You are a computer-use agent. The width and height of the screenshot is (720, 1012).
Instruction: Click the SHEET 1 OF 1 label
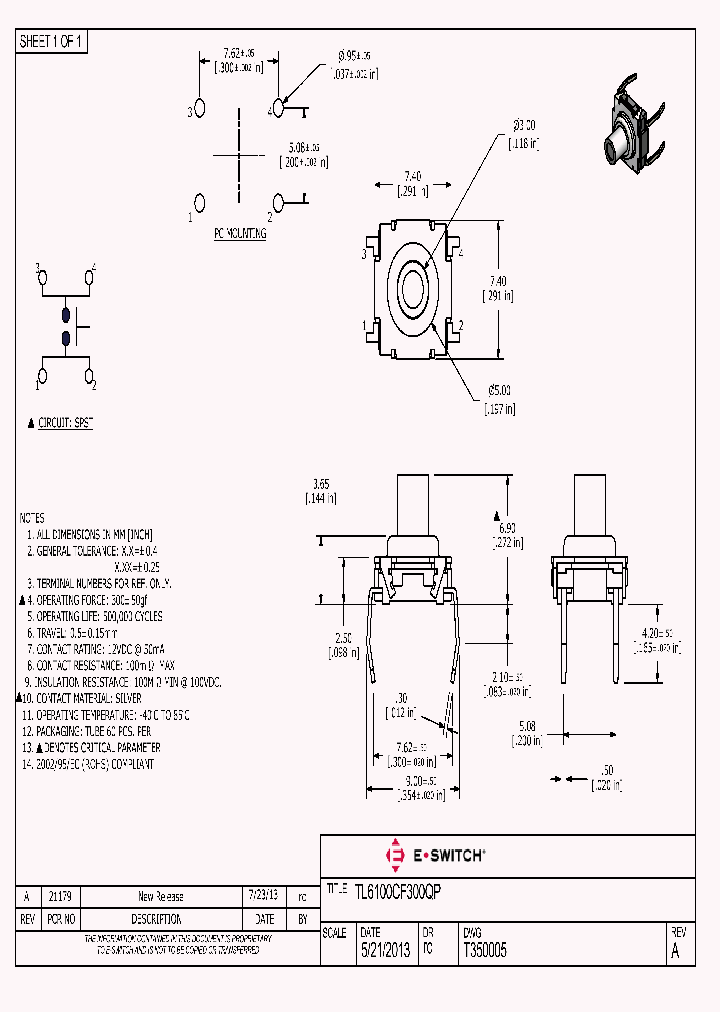click(x=53, y=41)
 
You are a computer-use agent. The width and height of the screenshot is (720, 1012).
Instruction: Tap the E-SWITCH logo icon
click(x=394, y=855)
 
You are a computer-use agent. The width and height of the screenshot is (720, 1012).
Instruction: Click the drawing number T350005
click(x=484, y=953)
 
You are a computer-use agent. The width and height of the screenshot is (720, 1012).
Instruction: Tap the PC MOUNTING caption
click(x=240, y=233)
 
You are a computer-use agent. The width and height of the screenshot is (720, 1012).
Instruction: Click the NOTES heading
click(x=32, y=518)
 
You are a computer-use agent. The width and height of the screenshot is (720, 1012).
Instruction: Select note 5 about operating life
click(x=100, y=616)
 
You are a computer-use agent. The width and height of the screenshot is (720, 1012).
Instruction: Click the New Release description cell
click(x=160, y=896)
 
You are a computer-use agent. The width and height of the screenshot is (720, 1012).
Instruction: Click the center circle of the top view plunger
click(x=415, y=291)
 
